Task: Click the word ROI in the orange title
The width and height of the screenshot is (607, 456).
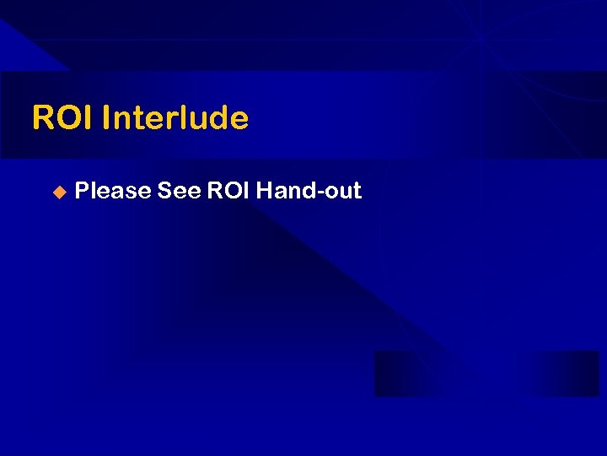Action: pos(62,118)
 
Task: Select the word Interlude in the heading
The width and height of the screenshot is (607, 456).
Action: pos(175,118)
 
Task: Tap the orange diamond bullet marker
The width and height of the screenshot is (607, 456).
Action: pos(58,193)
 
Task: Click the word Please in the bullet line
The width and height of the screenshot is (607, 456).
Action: pos(112,191)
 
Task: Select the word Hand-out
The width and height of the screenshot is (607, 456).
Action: pos(309,191)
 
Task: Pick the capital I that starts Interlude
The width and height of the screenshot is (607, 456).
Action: pos(105,118)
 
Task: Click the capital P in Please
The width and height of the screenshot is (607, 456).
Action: pos(82,191)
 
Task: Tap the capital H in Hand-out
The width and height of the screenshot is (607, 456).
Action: pos(264,191)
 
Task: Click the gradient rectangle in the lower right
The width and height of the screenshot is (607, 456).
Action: pos(486,373)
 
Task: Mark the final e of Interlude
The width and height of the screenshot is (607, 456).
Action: pos(239,120)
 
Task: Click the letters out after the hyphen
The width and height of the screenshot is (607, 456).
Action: pos(342,192)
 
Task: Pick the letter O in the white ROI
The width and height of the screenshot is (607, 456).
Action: pos(230,191)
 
